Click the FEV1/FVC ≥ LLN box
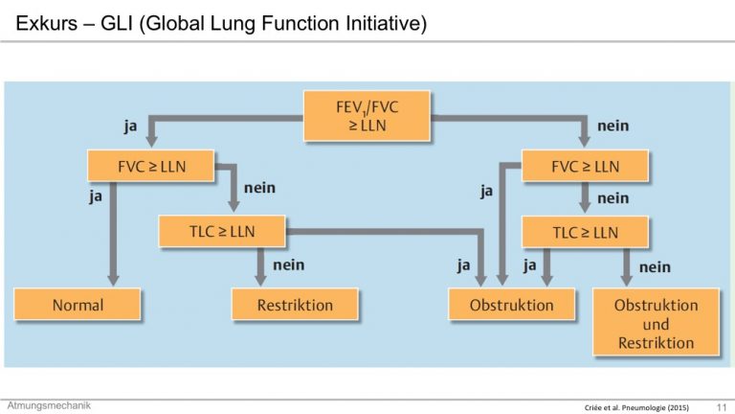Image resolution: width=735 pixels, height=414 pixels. [367, 116]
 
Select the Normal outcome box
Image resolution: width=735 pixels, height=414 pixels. [78, 305]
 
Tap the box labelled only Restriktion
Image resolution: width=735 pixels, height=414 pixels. [295, 305]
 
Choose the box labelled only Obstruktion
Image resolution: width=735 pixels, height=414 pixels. [511, 305]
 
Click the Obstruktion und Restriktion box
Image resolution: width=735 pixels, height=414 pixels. [656, 322]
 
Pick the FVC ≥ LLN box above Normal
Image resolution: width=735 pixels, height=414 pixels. [151, 166]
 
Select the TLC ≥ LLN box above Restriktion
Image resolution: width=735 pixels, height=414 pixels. [222, 231]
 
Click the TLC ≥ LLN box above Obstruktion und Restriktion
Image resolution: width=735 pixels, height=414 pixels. [585, 232]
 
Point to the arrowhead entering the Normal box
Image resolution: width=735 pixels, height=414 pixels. [113, 280]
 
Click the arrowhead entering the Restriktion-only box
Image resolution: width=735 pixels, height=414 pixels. [260, 280]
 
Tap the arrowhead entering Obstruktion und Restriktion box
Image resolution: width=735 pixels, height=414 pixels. [626, 280]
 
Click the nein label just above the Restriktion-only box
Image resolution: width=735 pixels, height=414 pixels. [289, 265]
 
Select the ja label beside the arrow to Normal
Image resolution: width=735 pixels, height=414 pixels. [96, 196]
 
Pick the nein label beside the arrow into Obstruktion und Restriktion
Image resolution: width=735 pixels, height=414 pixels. [655, 267]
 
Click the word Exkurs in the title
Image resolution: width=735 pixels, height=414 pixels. [46, 23]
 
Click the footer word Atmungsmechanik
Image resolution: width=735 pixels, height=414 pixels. [49, 405]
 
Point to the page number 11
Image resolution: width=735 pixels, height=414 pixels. [722, 407]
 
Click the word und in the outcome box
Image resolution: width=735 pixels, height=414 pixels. [656, 324]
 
